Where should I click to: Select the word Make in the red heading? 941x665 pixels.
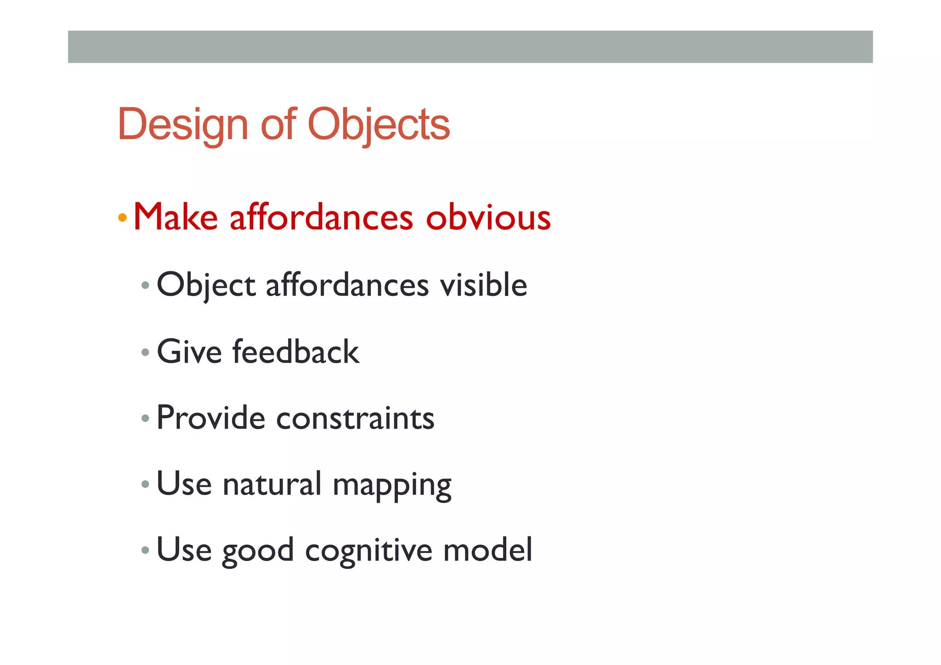(176, 217)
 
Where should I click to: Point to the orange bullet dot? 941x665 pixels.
(122, 217)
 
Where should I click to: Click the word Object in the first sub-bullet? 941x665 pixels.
(206, 285)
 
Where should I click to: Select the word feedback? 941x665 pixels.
(296, 352)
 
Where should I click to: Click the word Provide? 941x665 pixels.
(211, 418)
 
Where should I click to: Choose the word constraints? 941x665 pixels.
(355, 419)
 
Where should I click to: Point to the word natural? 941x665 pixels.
(272, 484)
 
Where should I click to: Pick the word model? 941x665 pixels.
(488, 550)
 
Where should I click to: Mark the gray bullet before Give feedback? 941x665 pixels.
(146, 352)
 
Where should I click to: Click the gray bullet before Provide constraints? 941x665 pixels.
(146, 419)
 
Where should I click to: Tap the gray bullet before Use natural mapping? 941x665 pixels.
(146, 484)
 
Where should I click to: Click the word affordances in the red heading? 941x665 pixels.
(322, 217)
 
